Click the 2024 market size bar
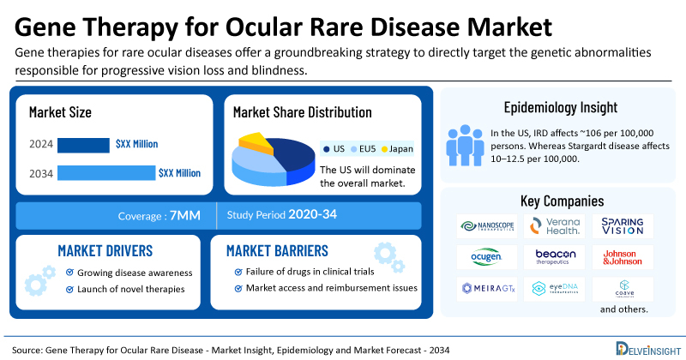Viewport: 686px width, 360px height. point(83,144)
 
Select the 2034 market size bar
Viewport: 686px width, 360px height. point(105,173)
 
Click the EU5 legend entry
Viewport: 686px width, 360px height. point(360,148)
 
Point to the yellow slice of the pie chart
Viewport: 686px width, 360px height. point(255,140)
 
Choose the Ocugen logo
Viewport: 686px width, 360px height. point(484,257)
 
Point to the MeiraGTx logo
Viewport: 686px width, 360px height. point(484,289)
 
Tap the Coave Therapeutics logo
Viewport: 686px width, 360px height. point(623,289)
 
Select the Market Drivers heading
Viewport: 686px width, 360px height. point(105,250)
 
